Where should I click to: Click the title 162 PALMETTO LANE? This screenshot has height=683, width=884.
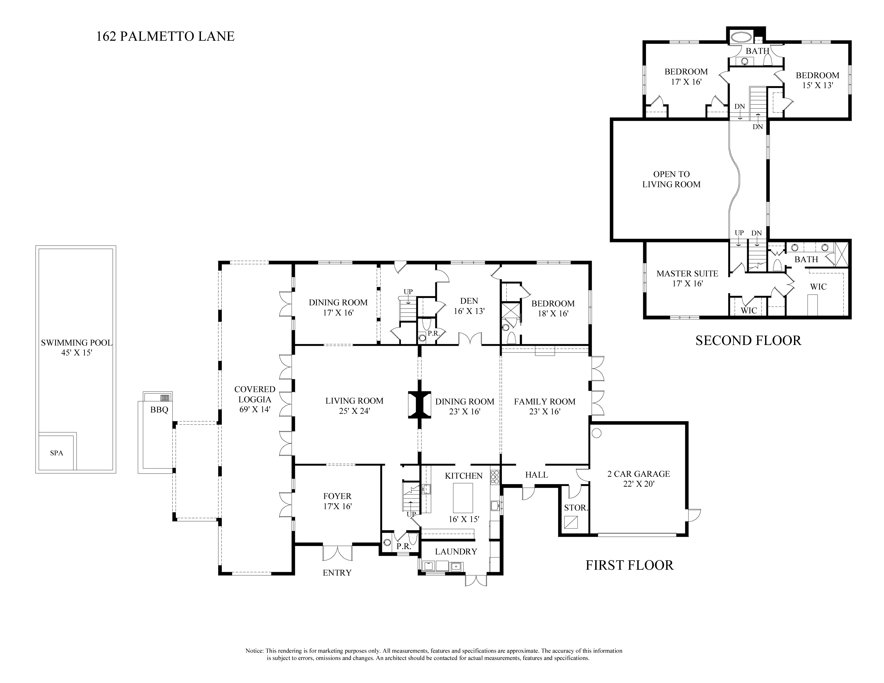(x=165, y=36)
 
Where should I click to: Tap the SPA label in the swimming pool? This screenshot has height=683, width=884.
(x=57, y=453)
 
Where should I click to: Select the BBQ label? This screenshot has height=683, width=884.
(x=159, y=410)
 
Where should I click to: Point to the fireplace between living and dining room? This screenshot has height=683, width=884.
(x=420, y=405)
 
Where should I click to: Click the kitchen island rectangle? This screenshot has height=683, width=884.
(x=463, y=498)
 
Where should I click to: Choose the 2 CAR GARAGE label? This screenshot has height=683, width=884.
(x=639, y=474)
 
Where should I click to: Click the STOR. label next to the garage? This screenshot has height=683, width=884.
(x=576, y=508)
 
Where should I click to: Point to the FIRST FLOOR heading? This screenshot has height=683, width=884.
(x=630, y=565)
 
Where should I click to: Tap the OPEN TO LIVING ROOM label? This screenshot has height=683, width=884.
(x=672, y=179)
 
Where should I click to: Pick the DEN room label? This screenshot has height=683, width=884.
(x=469, y=301)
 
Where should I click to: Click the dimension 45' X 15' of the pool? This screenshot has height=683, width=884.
(x=77, y=352)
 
